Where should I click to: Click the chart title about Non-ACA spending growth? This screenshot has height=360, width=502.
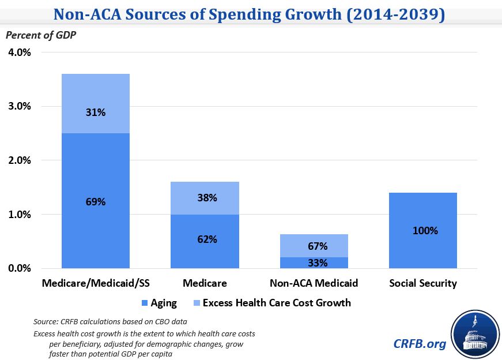251,14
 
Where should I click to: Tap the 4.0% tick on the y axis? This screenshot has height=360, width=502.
20,52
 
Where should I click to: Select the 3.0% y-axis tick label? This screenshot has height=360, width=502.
20,106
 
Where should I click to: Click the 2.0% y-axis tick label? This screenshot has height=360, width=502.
20,160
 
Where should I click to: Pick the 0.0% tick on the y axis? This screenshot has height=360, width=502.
20,268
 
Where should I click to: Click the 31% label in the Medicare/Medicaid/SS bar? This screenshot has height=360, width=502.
96,112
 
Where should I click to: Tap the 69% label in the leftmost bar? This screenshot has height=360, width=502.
96,202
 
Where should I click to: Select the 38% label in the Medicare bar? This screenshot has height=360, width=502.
205,198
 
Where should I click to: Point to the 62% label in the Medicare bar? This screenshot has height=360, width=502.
205,239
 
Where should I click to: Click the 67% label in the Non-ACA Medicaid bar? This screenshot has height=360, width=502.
314,246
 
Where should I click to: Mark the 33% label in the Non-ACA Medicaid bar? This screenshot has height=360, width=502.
314,262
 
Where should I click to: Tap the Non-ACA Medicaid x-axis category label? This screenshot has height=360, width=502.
314,283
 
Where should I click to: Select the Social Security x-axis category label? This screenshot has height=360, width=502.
423,283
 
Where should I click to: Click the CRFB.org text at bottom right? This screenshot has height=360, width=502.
420,343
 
